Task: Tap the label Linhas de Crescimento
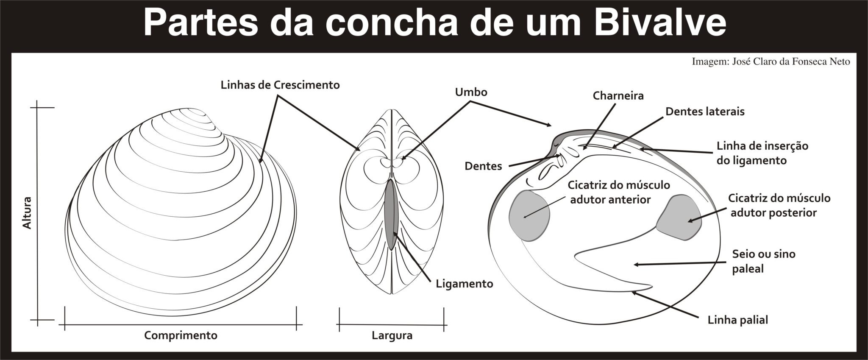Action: pos(280,85)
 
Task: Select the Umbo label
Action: pos(471,92)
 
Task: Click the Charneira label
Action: pos(618,96)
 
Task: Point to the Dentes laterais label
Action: pos(705,112)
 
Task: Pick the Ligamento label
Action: pos(465,284)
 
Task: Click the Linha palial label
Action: pos(738,320)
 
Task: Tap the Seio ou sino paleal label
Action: pos(763,261)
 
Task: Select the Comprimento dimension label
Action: pos(181,335)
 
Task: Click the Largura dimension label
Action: pos(392,336)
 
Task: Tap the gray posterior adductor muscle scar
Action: pos(679,217)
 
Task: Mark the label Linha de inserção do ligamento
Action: pos(762,153)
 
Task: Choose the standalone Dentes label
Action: pos(483,166)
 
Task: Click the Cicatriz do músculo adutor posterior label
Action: pos(779,205)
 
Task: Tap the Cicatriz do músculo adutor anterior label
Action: pos(619,192)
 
